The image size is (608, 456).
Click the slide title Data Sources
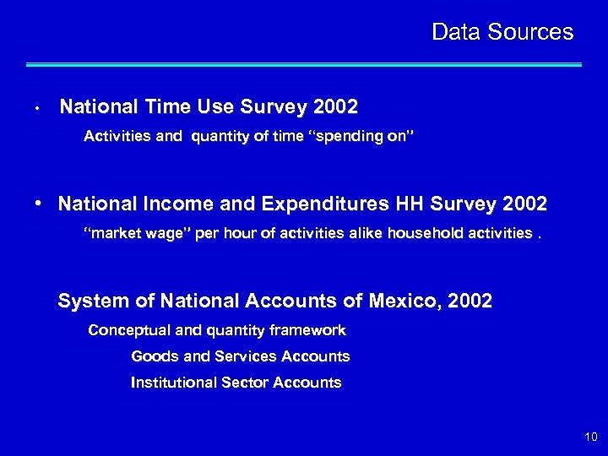[502, 32]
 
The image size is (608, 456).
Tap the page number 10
[589, 437]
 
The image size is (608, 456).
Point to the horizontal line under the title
[304, 64]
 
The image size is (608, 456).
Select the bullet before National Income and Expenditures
[39, 204]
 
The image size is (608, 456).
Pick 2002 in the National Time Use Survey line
[334, 107]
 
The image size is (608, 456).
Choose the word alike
[350, 232]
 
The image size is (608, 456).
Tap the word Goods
[155, 356]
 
